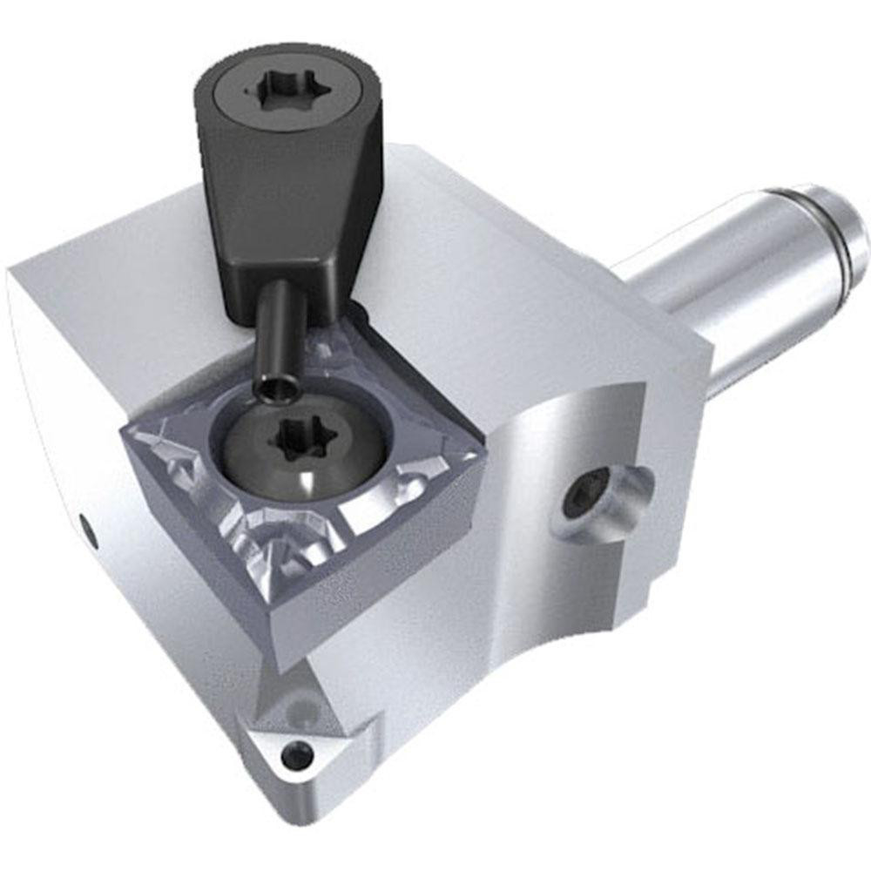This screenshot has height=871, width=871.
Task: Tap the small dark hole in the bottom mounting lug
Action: pyautogui.click(x=297, y=753)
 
